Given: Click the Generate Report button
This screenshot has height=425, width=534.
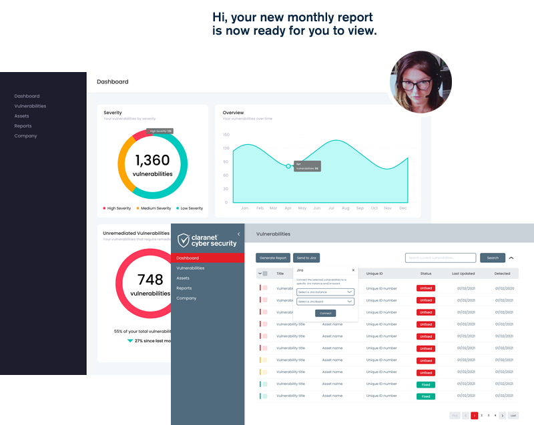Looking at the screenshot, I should pyautogui.click(x=272, y=258).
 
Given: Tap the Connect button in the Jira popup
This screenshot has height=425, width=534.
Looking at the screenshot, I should pyautogui.click(x=325, y=313).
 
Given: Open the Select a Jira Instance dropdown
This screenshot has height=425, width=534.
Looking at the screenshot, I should pyautogui.click(x=325, y=292).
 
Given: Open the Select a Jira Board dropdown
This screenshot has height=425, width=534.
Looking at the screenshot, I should pyautogui.click(x=325, y=302).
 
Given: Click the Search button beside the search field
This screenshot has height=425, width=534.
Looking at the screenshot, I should pyautogui.click(x=493, y=258).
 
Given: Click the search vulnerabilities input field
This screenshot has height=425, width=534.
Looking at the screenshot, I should pyautogui.click(x=441, y=258).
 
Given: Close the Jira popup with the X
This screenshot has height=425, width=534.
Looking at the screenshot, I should pyautogui.click(x=353, y=270).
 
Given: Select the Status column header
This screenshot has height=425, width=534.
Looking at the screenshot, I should pyautogui.click(x=426, y=274).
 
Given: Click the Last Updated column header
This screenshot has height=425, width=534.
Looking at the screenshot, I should pyautogui.click(x=463, y=274).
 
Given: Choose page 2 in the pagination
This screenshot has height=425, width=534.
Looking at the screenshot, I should pyautogui.click(x=481, y=415).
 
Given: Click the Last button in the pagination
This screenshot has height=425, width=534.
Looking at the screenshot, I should pyautogui.click(x=513, y=415).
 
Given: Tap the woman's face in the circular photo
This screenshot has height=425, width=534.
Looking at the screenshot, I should pyautogui.click(x=421, y=81).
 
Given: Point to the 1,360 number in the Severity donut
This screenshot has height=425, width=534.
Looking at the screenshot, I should pyautogui.click(x=152, y=160).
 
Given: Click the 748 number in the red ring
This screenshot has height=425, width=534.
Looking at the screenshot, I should pyautogui.click(x=150, y=280).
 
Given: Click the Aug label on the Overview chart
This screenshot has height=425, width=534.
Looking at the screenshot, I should pyautogui.click(x=345, y=208).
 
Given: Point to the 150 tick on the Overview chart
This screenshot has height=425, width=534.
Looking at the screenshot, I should pyautogui.click(x=226, y=134).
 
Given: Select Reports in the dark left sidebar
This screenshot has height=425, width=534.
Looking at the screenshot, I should pyautogui.click(x=23, y=126).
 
